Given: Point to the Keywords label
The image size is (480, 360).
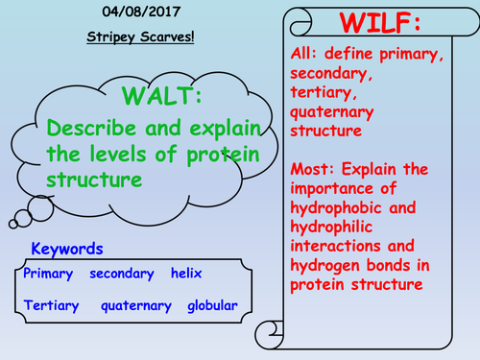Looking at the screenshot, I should (67, 249).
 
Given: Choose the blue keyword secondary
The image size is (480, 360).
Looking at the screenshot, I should (122, 274).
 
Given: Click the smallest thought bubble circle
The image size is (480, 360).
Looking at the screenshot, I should (12, 225).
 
